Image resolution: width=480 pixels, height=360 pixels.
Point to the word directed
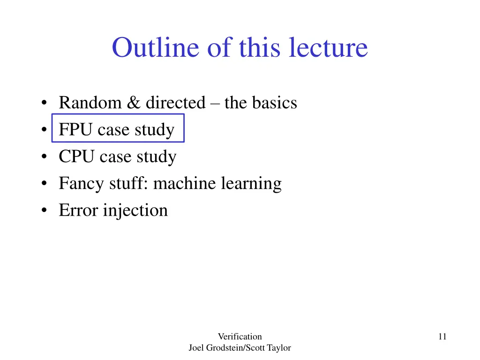click(x=175, y=103)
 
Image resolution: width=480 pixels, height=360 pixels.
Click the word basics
click(x=275, y=103)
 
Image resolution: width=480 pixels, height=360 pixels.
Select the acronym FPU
click(x=76, y=129)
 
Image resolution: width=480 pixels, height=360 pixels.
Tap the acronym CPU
click(x=76, y=157)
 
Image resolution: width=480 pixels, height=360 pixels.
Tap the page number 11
click(x=442, y=336)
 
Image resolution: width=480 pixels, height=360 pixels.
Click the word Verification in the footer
click(x=240, y=336)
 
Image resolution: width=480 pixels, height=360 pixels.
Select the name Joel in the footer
click(x=196, y=348)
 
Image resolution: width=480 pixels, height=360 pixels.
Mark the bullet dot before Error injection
click(x=43, y=210)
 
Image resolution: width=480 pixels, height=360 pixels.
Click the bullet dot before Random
click(x=43, y=103)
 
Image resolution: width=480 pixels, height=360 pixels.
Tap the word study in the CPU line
click(x=157, y=157)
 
